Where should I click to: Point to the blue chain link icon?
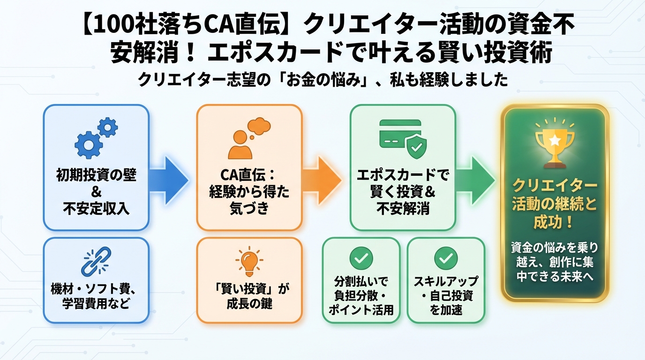pos(96,261)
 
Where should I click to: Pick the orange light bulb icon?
pos(249,262)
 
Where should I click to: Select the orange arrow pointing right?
pos(323,178)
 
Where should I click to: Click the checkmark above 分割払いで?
pos(361,257)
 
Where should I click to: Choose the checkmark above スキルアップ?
pos(445,257)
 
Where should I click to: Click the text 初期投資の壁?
pos(96,177)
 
